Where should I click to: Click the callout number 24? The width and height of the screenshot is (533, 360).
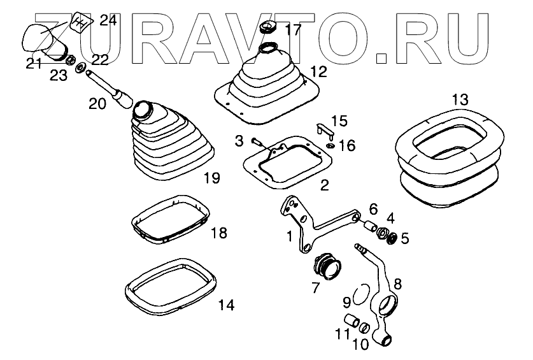[108, 20]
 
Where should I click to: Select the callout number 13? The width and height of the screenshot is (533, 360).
[460, 100]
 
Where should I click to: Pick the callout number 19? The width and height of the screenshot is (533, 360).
[211, 178]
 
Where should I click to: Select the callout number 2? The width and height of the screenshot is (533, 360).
[324, 186]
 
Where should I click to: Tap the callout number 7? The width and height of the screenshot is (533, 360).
[315, 287]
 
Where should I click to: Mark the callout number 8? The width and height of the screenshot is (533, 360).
[398, 284]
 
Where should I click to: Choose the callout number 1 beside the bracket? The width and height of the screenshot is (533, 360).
[289, 236]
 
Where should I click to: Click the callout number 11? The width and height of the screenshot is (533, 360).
[343, 333]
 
